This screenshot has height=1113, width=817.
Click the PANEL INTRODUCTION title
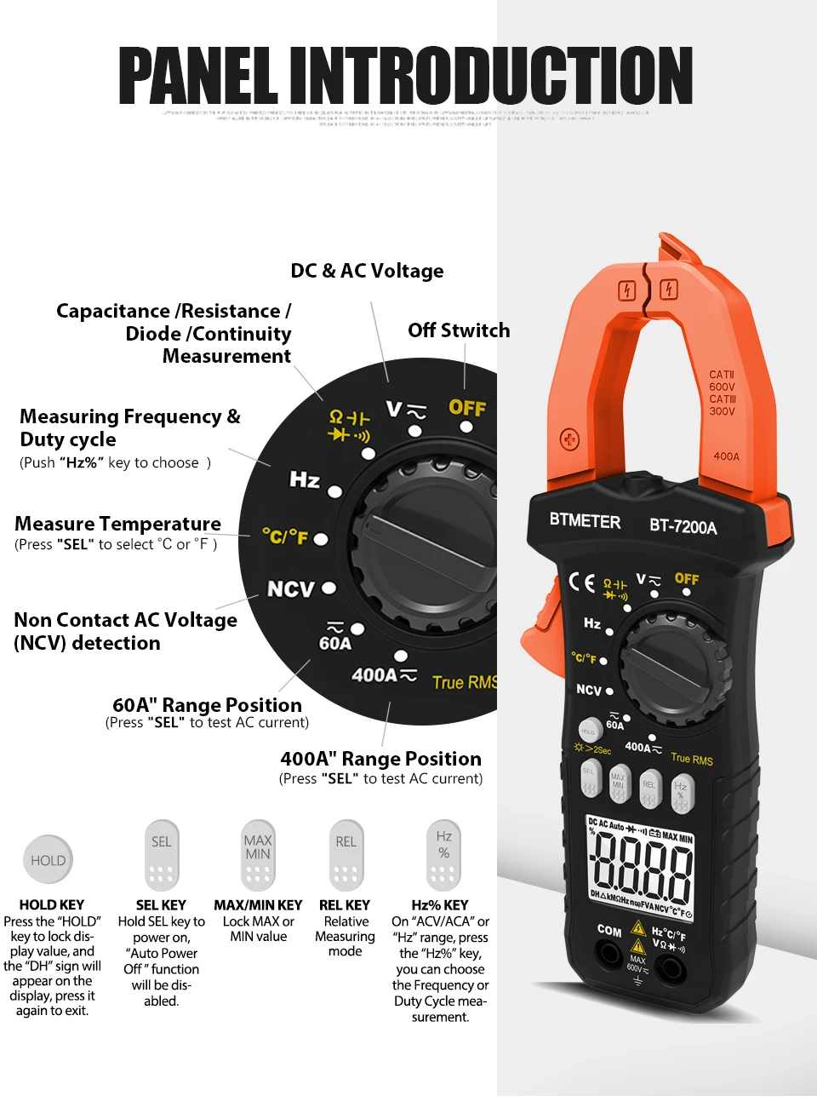click(405, 76)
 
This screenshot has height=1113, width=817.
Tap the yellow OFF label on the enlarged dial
click(467, 408)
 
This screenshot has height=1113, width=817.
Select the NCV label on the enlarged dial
click(291, 589)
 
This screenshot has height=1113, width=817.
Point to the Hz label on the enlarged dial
click(304, 480)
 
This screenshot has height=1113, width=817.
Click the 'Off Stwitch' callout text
click(459, 330)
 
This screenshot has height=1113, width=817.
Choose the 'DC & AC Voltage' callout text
click(367, 271)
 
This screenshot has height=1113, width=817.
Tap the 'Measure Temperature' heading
click(117, 524)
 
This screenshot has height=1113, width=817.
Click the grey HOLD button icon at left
click(49, 860)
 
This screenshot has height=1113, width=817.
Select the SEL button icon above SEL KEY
click(161, 854)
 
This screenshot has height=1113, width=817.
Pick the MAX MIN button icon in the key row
click(258, 854)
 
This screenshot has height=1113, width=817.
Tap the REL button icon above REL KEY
click(346, 854)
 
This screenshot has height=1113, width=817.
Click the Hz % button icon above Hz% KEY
click(443, 854)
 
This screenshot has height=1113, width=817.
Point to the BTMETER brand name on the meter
click(585, 520)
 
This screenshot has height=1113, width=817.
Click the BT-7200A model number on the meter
click(683, 526)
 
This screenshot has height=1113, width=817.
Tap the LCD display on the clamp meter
click(641, 867)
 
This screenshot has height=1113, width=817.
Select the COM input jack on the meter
click(609, 954)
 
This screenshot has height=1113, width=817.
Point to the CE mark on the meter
click(582, 582)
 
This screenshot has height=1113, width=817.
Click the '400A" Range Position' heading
click(380, 759)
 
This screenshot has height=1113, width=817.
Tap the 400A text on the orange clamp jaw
click(726, 456)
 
